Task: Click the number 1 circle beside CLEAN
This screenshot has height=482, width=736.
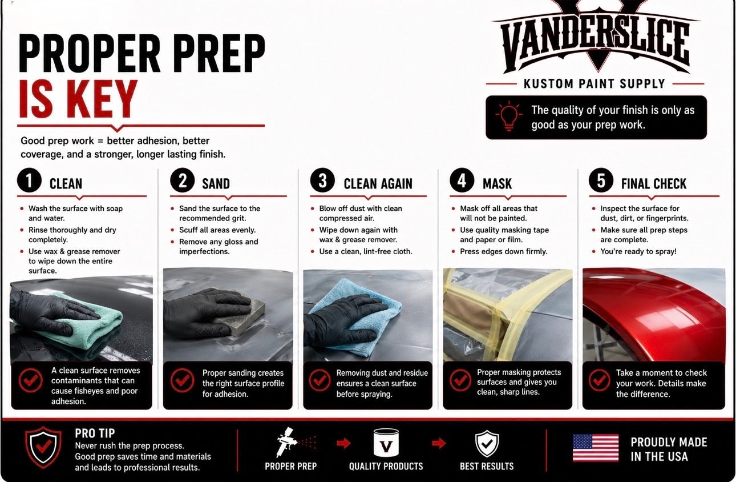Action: point(29,180)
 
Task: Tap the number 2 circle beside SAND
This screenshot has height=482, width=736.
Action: point(183,180)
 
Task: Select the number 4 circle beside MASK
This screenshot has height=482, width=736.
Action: point(462,180)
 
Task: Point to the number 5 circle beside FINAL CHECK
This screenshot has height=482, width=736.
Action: point(601,180)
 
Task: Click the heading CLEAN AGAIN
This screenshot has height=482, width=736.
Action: point(378,184)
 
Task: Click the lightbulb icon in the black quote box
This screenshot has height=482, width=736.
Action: point(508,116)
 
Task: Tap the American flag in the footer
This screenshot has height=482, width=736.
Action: point(596,448)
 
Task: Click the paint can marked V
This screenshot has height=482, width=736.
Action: point(386,443)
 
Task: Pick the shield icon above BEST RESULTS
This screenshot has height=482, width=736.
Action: point(487,443)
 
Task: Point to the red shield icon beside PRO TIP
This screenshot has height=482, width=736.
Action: point(43,447)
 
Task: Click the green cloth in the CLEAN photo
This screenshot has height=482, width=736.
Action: point(86,318)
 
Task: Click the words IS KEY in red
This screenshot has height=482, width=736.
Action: point(78,99)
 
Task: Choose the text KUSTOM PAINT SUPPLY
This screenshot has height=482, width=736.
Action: point(595,83)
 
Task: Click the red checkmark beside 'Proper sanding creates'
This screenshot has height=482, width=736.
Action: point(182,380)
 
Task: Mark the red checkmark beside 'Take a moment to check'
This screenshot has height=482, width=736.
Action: point(599,380)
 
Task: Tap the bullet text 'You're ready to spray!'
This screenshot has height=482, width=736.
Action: point(638,251)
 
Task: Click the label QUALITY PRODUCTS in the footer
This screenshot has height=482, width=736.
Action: point(386,466)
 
